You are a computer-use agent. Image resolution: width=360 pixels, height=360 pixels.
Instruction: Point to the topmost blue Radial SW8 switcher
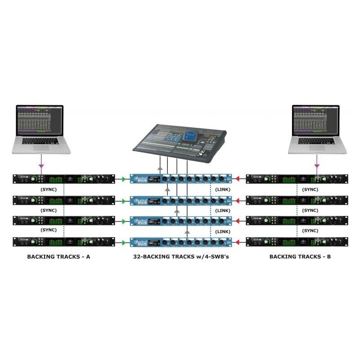pyautogui.click(x=180, y=179)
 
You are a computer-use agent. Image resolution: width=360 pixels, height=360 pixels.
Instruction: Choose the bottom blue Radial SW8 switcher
pyautogui.click(x=180, y=242)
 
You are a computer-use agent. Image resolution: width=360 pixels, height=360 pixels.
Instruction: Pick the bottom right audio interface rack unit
pyautogui.click(x=294, y=242)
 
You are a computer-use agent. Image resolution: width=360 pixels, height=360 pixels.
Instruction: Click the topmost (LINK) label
pyautogui.click(x=223, y=189)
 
